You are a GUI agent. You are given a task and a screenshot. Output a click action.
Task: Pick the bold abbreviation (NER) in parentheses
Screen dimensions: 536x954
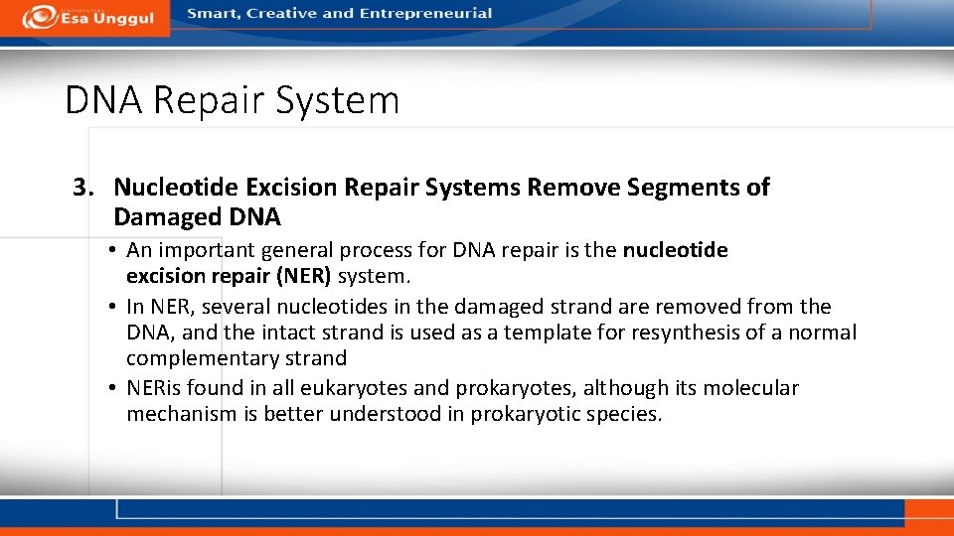click(302, 276)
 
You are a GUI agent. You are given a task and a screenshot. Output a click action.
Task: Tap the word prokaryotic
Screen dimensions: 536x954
click(525, 414)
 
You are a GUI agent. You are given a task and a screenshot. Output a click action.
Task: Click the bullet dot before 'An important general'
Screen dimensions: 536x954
click(116, 250)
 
